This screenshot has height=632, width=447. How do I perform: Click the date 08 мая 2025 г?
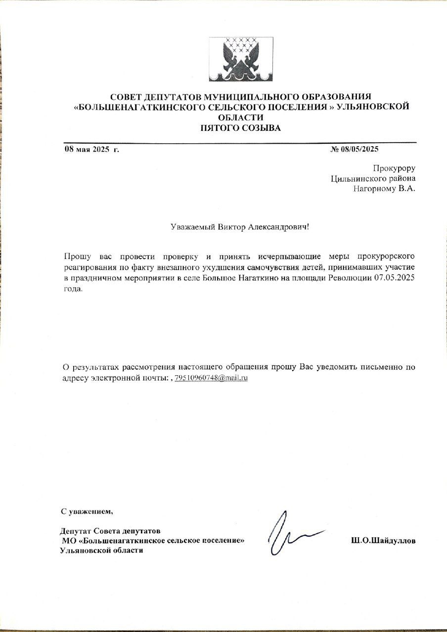91,149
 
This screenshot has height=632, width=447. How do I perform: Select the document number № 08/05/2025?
354,149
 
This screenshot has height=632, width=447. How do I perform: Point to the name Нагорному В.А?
384,188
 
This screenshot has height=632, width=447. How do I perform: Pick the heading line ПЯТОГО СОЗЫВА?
241,128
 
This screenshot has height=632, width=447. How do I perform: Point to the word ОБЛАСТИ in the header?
241,118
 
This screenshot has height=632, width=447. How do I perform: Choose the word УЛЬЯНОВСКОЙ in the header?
373,107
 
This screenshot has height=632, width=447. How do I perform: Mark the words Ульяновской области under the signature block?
101,551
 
